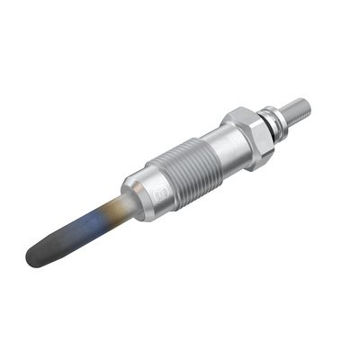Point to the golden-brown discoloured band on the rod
pos(114,206)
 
